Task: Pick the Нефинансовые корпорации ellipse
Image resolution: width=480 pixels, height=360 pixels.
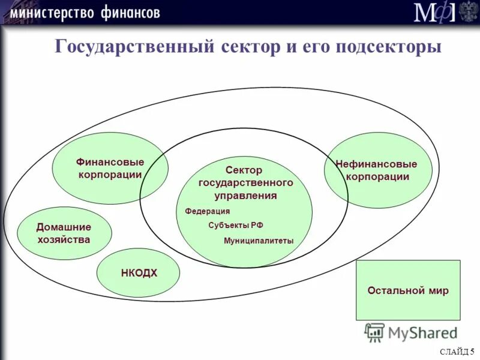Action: pos(377,170)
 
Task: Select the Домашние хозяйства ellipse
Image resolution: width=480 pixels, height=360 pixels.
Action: pos(64,233)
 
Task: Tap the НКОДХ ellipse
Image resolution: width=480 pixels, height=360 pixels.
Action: pos(139,273)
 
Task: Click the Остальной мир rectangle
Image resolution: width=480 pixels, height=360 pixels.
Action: pos(408,290)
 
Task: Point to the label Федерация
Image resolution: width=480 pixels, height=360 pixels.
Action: pos(207,211)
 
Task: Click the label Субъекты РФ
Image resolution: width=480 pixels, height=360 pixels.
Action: pos(235,225)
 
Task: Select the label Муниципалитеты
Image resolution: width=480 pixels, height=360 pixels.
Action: pos(259,241)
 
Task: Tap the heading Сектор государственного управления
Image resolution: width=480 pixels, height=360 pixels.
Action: pos(245,183)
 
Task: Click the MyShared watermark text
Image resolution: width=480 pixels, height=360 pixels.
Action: pos(422,332)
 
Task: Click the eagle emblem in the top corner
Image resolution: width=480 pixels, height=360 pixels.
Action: pos(468,12)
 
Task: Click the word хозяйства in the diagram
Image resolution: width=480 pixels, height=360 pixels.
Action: pos(64,239)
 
